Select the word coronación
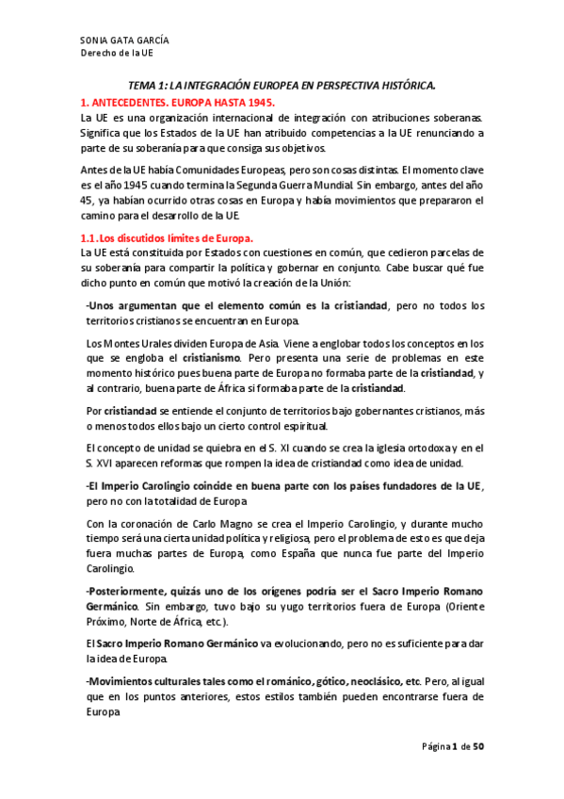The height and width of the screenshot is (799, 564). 148,524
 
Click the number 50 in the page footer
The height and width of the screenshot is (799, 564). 478,747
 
